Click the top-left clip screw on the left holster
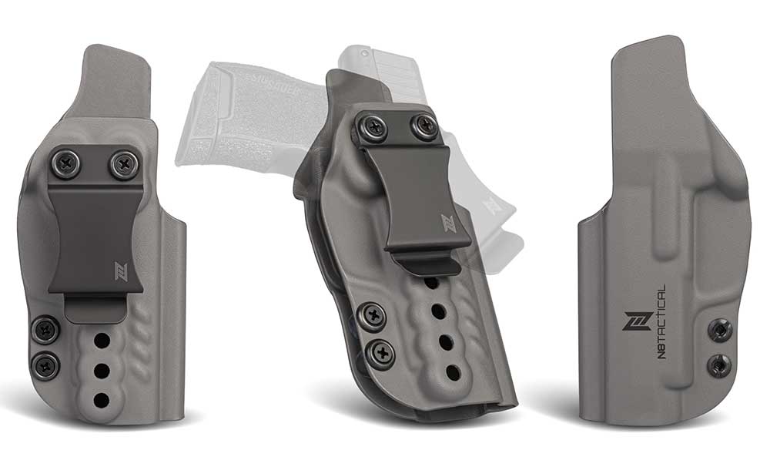[64, 163]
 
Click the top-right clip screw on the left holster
[121, 163]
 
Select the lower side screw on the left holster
[46, 365]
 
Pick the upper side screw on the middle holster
[373, 314]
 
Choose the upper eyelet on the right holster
[718, 329]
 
